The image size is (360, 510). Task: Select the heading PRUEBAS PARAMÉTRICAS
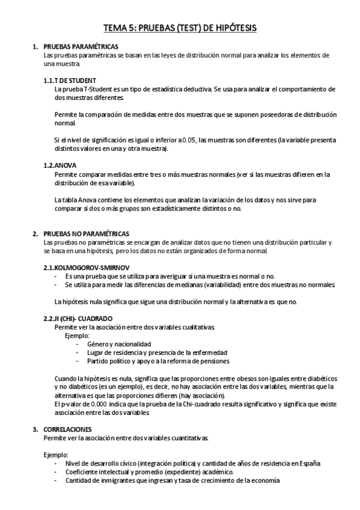81,46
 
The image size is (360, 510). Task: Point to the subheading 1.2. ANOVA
59,164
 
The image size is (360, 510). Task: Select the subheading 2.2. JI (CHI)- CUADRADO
82,318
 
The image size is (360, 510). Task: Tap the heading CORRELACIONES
68,429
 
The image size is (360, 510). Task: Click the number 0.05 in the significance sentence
189,140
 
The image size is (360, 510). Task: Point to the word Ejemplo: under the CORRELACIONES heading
56,455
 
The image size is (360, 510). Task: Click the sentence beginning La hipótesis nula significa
175,301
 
